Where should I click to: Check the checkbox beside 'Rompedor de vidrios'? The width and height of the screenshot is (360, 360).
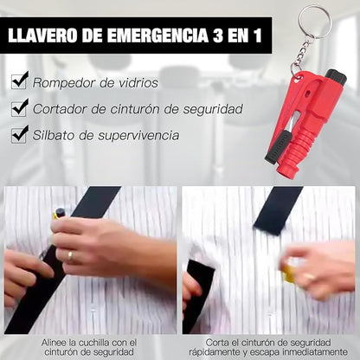pyautogui.click(x=18, y=82)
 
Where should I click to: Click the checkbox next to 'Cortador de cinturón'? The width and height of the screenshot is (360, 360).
pyautogui.click(x=18, y=108)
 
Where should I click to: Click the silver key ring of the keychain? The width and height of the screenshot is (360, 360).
pyautogui.click(x=313, y=22)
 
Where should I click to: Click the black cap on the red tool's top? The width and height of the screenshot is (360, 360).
pyautogui.click(x=335, y=78)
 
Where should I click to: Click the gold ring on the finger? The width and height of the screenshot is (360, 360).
pyautogui.click(x=70, y=256)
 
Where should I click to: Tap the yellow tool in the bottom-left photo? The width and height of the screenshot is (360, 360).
pyautogui.click(x=60, y=214)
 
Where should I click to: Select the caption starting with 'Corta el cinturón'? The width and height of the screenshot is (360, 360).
pyautogui.click(x=269, y=346)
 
